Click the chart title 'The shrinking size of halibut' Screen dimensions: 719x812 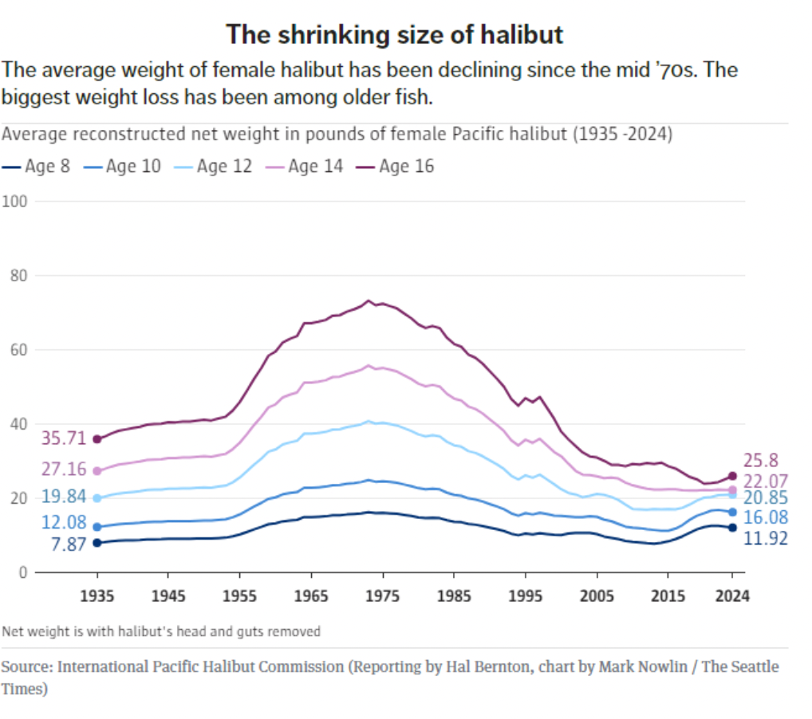394,35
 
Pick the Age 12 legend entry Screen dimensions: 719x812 216,167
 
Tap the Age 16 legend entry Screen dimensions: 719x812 398,167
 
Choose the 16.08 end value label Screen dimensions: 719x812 765,518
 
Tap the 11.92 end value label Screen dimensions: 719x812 765,539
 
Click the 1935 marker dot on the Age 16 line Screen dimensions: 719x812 97,439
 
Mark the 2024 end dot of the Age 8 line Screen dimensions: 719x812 732,528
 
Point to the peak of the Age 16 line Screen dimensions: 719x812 368,301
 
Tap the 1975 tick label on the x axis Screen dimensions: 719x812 382,595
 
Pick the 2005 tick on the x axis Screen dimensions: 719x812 597,595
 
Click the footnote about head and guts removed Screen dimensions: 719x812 161,631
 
